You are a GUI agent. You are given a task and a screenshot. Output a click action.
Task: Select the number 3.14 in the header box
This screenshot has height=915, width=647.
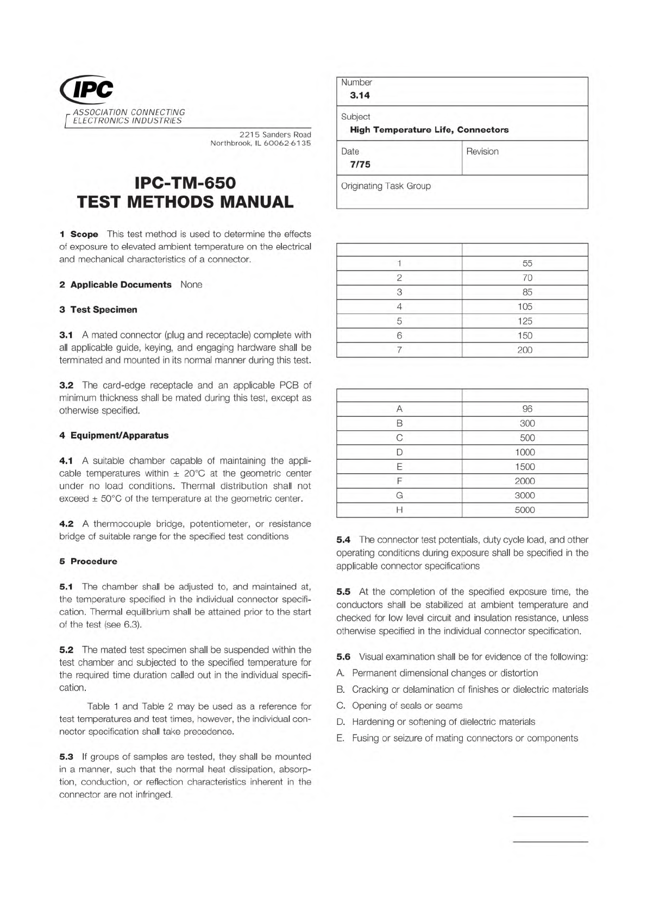tap(360, 96)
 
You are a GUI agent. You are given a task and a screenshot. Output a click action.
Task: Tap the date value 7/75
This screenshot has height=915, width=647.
tap(360, 165)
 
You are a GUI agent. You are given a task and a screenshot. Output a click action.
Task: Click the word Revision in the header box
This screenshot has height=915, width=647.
tap(482, 152)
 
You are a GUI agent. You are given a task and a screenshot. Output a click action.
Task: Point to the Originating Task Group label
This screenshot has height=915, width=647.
tap(386, 186)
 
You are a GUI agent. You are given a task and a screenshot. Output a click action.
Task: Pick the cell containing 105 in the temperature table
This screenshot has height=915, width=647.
tap(525, 306)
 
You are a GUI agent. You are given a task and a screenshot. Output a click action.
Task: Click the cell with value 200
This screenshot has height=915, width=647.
tap(525, 350)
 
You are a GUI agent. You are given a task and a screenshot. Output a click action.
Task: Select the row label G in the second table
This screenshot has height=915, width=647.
tap(399, 496)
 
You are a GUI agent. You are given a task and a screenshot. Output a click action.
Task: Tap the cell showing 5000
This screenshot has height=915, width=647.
tap(525, 510)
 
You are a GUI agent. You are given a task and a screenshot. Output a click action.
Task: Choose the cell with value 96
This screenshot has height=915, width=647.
tap(527, 409)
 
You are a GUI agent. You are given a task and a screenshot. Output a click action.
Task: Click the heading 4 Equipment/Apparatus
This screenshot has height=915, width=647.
tap(114, 435)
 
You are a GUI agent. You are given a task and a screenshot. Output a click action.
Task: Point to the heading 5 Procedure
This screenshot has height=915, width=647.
tap(88, 561)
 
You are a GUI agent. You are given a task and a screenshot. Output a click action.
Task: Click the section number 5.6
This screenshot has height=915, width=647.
tap(343, 657)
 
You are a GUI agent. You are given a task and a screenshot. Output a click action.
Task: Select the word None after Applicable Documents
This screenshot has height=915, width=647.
tap(191, 285)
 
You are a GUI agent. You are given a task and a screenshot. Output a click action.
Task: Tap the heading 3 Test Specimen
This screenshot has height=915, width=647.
tap(98, 310)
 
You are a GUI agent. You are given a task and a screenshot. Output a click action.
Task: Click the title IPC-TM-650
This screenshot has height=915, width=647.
tap(185, 182)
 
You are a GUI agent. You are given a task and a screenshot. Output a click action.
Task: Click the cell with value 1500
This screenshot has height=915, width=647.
tap(525, 467)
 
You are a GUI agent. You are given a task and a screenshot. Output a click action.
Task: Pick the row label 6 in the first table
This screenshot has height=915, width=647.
tap(399, 336)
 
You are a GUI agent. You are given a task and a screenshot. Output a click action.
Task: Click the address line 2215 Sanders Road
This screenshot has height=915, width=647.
tap(275, 135)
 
